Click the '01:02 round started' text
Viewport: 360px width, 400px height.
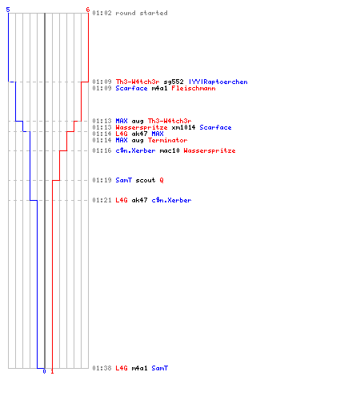(x=130, y=13)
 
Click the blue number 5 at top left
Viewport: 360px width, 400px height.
(x=8, y=10)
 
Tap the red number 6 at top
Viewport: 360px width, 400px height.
(x=88, y=10)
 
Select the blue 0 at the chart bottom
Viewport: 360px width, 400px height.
(x=44, y=371)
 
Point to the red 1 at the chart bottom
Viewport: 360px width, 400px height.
(x=52, y=371)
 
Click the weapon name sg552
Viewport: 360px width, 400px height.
(x=174, y=82)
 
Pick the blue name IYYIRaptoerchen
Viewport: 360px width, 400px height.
(x=218, y=82)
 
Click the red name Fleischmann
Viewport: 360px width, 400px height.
(x=194, y=88)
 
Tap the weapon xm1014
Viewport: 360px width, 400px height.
(x=183, y=127)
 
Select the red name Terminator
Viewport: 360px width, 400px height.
(x=168, y=140)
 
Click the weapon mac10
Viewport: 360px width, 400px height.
(x=170, y=150)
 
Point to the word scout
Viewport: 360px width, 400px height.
(x=146, y=180)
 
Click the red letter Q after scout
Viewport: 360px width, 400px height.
(x=162, y=180)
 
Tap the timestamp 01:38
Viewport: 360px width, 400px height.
(x=102, y=368)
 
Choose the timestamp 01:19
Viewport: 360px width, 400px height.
(x=102, y=180)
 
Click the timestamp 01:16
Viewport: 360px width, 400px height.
(x=102, y=150)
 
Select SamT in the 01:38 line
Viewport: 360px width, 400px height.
(x=160, y=368)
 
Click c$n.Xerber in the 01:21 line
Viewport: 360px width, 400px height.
(x=171, y=200)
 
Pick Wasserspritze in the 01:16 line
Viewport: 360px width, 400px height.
(x=210, y=150)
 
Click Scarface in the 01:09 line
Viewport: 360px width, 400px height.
(x=131, y=88)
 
